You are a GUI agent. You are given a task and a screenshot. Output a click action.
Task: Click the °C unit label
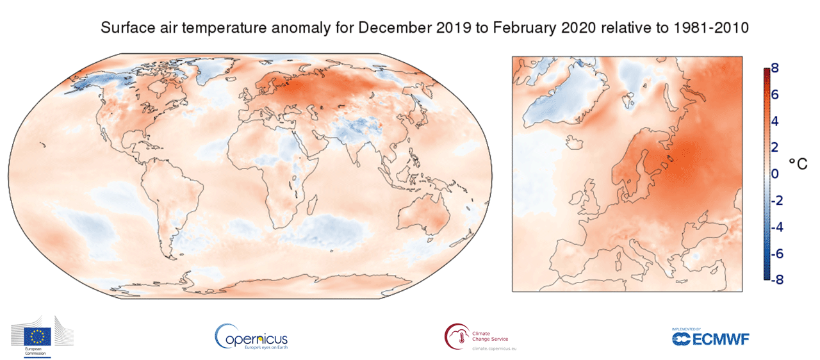pyautogui.click(x=798, y=163)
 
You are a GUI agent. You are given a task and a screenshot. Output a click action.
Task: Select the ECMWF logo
pyautogui.click(x=710, y=338)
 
